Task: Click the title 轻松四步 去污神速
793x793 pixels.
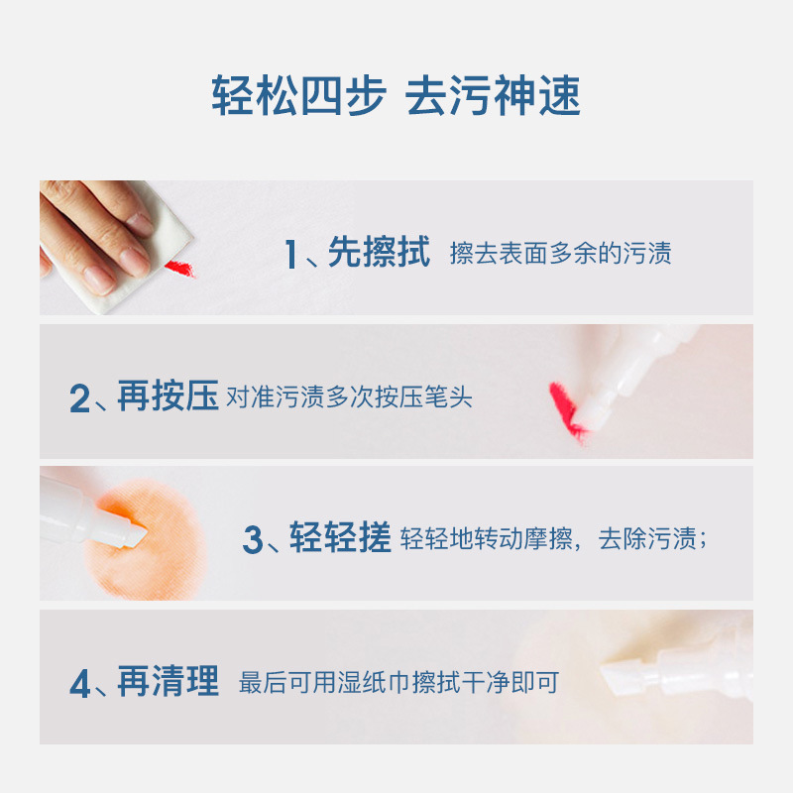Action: coord(396,96)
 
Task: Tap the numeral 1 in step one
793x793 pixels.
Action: coord(290,256)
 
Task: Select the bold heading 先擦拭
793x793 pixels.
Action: coord(379,254)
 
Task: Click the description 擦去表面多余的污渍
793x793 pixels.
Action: coord(560,254)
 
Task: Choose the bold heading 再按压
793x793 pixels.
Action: coord(168,397)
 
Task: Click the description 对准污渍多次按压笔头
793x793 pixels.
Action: coord(350,398)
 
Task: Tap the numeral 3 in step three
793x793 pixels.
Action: coord(253,541)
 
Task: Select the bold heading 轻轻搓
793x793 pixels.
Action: coord(340,539)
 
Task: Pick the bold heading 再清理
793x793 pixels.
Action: coord(168,682)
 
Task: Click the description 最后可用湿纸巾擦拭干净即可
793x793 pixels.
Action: coord(399,683)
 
